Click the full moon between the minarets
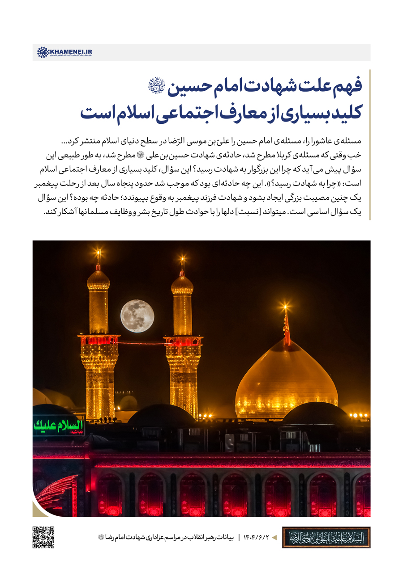pyautogui.click(x=137, y=316)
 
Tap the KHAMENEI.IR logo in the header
pyautogui.click(x=64, y=52)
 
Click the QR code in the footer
pyautogui.click(x=43, y=537)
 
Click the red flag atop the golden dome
pyautogui.click(x=286, y=329)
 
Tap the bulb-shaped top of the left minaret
pyautogui.click(x=98, y=279)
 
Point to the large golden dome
pyautogui.click(x=287, y=380)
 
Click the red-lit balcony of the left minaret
pyautogui.click(x=99, y=340)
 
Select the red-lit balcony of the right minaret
pyautogui.click(x=183, y=341)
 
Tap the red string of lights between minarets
pyautogui.click(x=141, y=343)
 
